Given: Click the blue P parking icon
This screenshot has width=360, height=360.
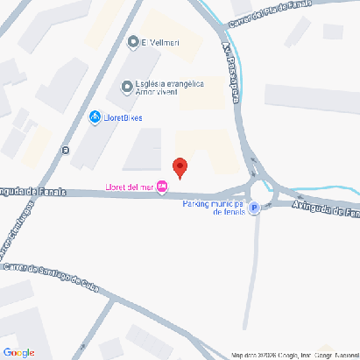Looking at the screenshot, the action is click(x=254, y=208).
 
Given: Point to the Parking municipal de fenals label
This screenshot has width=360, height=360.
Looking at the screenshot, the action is click(x=215, y=208).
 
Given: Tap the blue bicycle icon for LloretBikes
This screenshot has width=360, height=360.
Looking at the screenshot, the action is click(x=94, y=117).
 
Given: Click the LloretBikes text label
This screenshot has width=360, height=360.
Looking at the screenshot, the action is click(x=122, y=117).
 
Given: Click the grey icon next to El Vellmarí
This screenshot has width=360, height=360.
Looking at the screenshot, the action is click(x=133, y=41).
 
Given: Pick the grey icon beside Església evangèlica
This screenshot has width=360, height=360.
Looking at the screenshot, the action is click(x=128, y=88).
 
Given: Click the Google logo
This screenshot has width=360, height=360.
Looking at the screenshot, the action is click(x=19, y=352).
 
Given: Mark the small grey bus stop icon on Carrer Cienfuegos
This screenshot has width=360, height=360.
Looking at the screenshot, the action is click(x=64, y=149).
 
